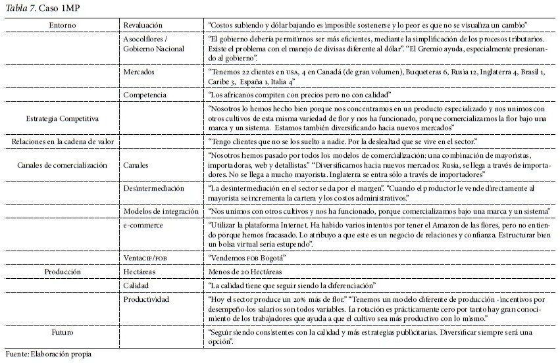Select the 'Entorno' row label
[63, 24]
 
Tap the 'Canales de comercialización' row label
[61, 166]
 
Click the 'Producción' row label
[63, 270]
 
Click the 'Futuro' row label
[63, 331]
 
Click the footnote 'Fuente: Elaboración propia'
[48, 354]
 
